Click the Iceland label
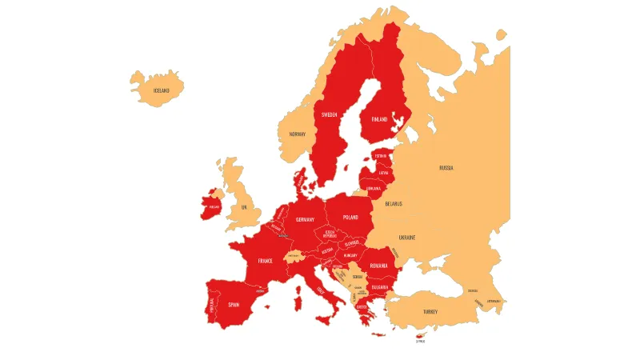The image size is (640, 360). (162, 90)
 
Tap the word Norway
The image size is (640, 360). (298, 134)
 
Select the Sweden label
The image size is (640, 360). (329, 114)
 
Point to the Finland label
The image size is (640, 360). (379, 119)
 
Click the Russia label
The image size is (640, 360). (446, 168)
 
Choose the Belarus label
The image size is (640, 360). (394, 204)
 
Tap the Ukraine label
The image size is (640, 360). (407, 238)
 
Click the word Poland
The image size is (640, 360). (350, 218)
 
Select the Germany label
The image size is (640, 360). (305, 220)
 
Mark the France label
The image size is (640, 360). (266, 262)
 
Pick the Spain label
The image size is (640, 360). (234, 305)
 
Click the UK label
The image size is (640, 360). (245, 207)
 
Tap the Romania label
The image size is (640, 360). (379, 266)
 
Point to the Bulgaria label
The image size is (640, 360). (379, 287)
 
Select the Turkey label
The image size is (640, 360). (430, 312)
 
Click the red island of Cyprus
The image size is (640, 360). (420, 334)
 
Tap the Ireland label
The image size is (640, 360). (214, 206)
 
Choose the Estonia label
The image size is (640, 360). (381, 156)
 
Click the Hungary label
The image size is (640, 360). (350, 255)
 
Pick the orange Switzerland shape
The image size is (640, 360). (294, 256)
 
